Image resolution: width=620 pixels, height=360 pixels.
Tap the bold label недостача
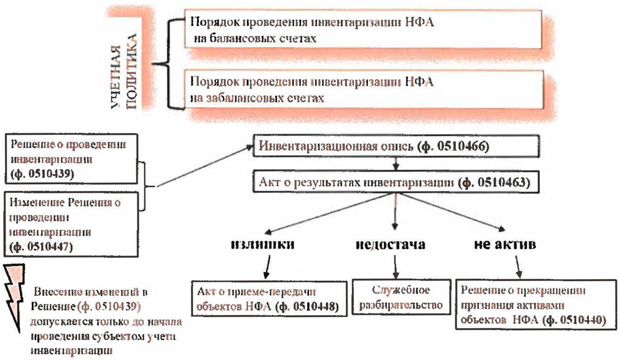[390, 244]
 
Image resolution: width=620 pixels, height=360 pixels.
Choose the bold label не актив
[509, 244]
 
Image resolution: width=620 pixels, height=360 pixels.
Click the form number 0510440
[575, 320]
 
